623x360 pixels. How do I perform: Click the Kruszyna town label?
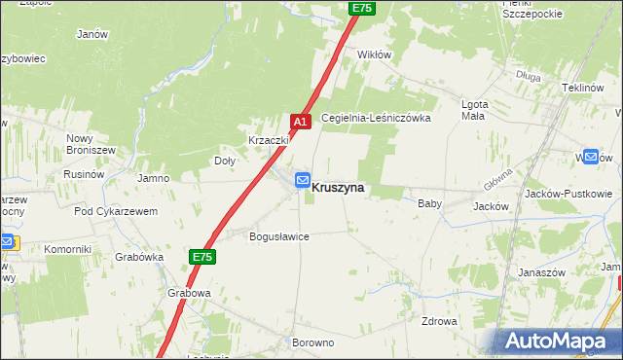(338, 188)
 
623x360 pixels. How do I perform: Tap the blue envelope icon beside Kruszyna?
(302, 180)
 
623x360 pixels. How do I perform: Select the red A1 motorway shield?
(300, 122)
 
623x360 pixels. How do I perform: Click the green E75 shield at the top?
(362, 8)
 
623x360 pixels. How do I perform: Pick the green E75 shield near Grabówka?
(202, 257)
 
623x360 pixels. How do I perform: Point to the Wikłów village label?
(375, 54)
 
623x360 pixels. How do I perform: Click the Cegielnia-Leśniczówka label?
(388, 117)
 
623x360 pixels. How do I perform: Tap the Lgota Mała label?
(473, 109)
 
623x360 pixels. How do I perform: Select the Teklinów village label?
(584, 87)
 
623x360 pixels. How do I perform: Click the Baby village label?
(429, 204)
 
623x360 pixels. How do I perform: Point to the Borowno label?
(312, 343)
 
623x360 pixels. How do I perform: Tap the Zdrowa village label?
(439, 321)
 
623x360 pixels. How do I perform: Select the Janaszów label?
(541, 273)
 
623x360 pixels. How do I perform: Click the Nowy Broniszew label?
(92, 144)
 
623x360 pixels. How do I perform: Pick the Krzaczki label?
(268, 140)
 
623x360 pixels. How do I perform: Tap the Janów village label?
(92, 33)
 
